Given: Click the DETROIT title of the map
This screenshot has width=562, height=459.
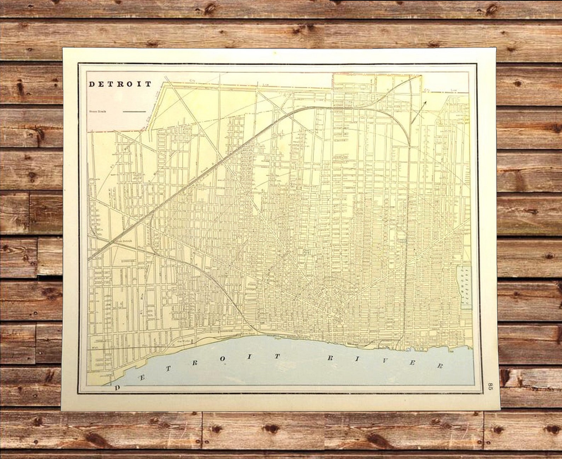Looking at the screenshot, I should tap(120, 84).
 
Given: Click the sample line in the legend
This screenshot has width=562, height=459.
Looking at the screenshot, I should tap(134, 111).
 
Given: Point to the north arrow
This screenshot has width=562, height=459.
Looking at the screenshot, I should tap(419, 112).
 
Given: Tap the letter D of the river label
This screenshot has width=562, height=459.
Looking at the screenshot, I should tap(118, 388).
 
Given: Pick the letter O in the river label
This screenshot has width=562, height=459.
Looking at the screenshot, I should tap(223, 359).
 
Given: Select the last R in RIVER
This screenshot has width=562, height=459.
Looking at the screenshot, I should tap(440, 366).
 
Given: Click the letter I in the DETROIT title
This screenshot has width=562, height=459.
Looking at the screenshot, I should tap(139, 84).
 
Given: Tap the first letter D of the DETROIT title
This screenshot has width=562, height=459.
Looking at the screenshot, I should tap(91, 84).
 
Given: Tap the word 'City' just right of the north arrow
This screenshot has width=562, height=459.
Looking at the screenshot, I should tap(427, 90).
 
